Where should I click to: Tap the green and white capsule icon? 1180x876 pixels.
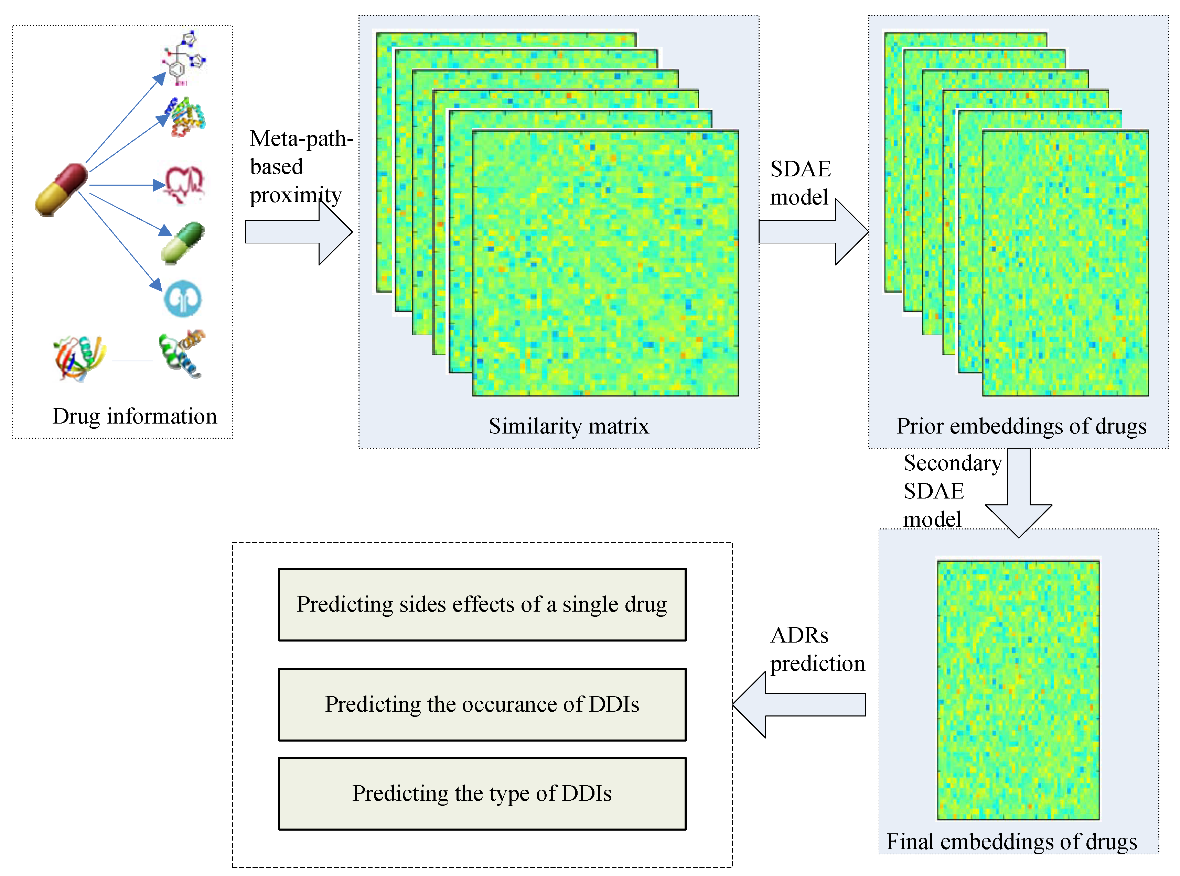pyautogui.click(x=183, y=242)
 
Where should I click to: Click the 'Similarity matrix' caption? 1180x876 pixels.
pyautogui.click(x=568, y=426)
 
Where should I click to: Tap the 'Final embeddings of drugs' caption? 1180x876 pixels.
pyautogui.click(x=1012, y=842)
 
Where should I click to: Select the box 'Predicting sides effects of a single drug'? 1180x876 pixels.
pyautogui.click(x=482, y=604)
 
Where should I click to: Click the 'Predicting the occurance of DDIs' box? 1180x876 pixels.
pyautogui.click(x=482, y=704)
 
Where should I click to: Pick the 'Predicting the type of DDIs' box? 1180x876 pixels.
pyautogui.click(x=482, y=793)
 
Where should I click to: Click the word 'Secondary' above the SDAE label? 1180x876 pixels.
pyautogui.click(x=952, y=463)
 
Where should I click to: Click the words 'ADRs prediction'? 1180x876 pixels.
pyautogui.click(x=817, y=649)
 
